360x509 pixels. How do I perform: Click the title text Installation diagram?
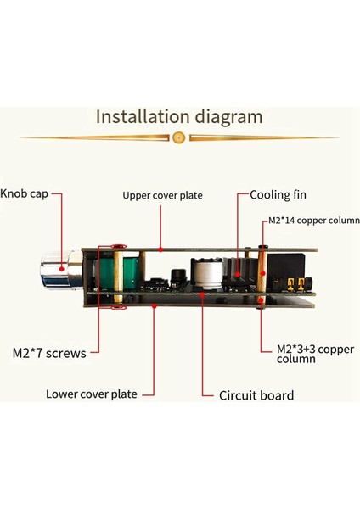[179, 115]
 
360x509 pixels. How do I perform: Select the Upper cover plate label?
[162, 195]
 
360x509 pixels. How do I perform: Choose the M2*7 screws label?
[49, 352]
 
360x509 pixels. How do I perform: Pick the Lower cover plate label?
[91, 393]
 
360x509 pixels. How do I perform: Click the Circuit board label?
[256, 394]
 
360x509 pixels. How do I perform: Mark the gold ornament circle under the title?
[178, 137]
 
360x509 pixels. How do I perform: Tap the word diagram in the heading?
[229, 115]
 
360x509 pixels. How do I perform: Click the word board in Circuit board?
[278, 394]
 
